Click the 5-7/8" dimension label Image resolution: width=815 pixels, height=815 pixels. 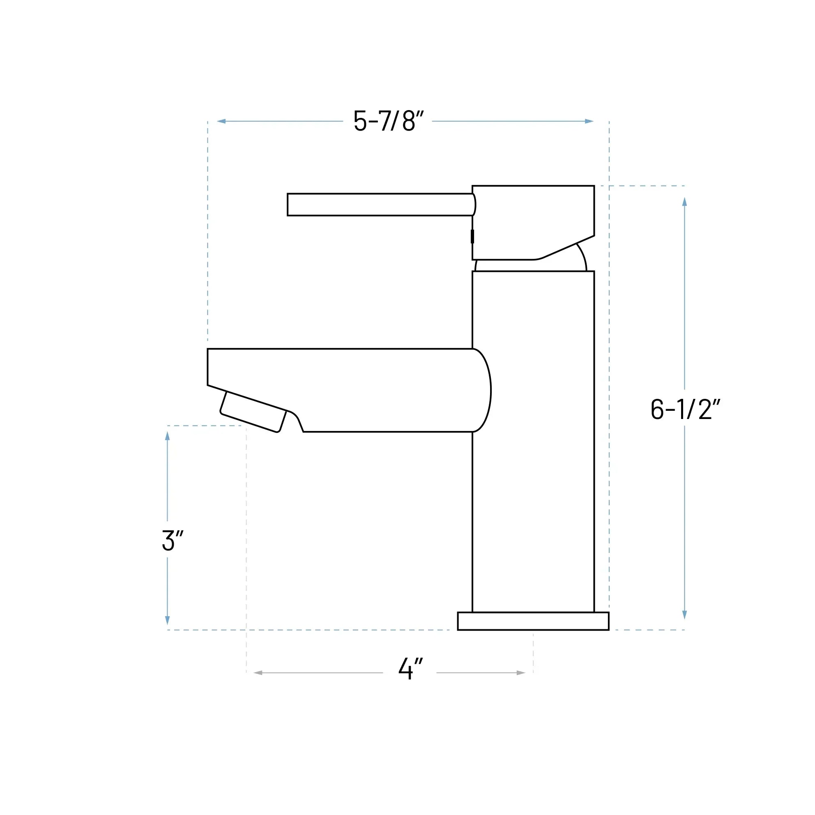pyautogui.click(x=388, y=121)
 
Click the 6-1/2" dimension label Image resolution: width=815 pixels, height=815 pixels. pyautogui.click(x=685, y=409)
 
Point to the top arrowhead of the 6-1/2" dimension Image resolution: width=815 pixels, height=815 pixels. pyautogui.click(x=685, y=202)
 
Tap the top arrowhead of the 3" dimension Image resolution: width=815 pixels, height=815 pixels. pyautogui.click(x=168, y=436)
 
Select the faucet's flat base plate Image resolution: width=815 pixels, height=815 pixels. pyautogui.click(x=533, y=621)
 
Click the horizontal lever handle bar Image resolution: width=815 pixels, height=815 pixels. pyautogui.click(x=380, y=205)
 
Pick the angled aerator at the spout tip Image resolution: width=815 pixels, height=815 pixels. pyautogui.click(x=253, y=412)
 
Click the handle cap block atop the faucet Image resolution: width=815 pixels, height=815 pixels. pyautogui.click(x=533, y=219)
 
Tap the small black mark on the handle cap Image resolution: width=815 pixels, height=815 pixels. pyautogui.click(x=472, y=236)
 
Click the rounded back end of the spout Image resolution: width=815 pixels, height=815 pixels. pyautogui.click(x=482, y=390)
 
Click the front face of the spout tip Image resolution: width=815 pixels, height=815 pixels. pyautogui.click(x=208, y=366)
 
